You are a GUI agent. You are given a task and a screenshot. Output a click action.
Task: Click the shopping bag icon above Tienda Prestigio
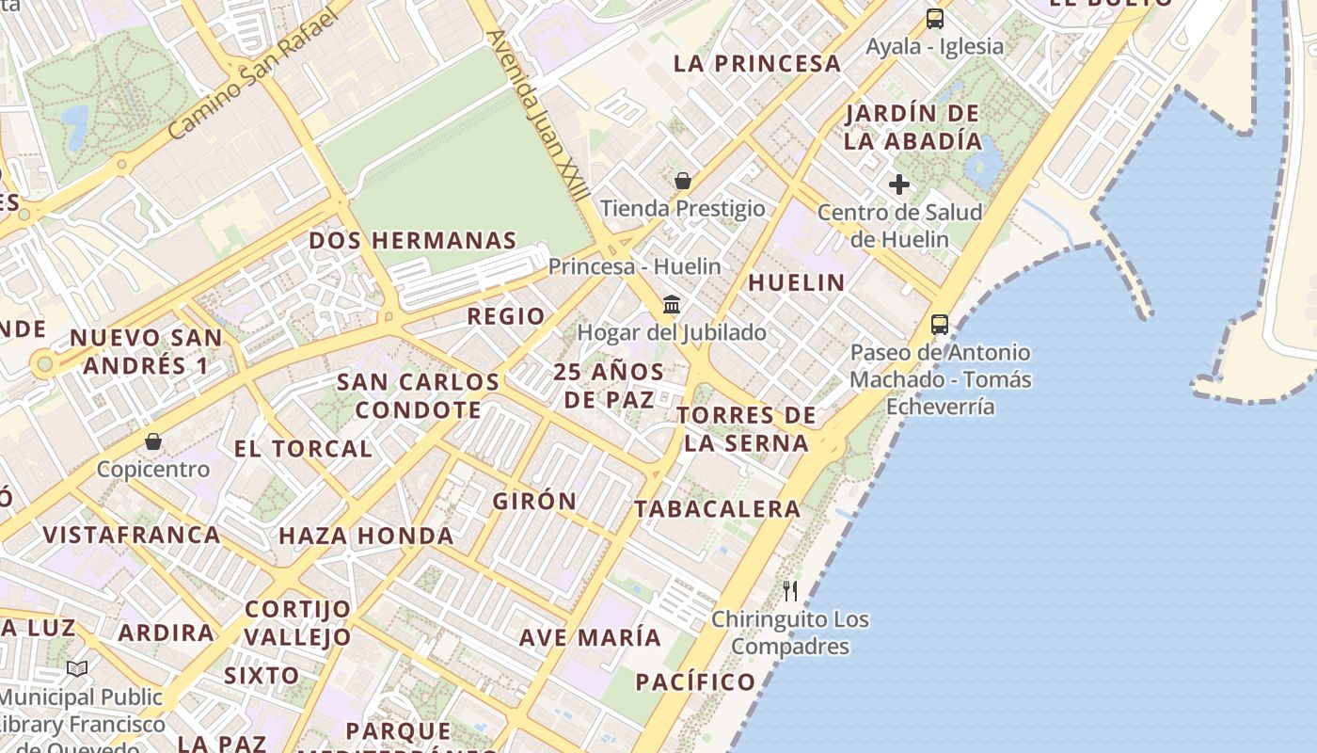683,180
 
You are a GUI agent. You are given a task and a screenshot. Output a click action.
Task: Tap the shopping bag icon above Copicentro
152,441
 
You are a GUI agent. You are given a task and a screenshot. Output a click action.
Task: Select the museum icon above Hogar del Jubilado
672,304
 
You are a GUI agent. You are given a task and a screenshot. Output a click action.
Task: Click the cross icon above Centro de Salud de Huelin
899,184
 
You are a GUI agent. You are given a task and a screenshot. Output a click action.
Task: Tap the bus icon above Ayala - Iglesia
934,18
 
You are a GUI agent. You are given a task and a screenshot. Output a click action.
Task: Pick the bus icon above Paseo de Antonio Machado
939,325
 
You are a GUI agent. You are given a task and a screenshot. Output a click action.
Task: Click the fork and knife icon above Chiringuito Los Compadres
790,591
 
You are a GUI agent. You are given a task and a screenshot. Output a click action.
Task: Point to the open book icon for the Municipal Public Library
77,669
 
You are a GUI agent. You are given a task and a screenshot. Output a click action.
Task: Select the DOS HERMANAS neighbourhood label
413,240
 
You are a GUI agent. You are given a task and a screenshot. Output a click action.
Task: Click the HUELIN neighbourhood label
797,282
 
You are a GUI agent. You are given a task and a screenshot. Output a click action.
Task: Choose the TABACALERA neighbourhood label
717,509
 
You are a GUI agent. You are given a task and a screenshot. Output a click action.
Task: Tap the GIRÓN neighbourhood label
534,501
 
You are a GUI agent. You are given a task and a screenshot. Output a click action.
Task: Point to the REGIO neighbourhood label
506,316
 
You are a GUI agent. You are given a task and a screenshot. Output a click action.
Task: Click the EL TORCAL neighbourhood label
303,449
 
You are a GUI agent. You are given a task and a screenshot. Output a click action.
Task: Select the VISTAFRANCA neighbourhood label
132,535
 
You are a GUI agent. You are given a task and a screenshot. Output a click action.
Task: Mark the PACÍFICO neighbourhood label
695,681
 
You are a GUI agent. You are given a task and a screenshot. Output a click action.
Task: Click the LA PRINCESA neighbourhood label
757,63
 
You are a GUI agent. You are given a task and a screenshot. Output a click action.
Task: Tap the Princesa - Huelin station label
635,266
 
